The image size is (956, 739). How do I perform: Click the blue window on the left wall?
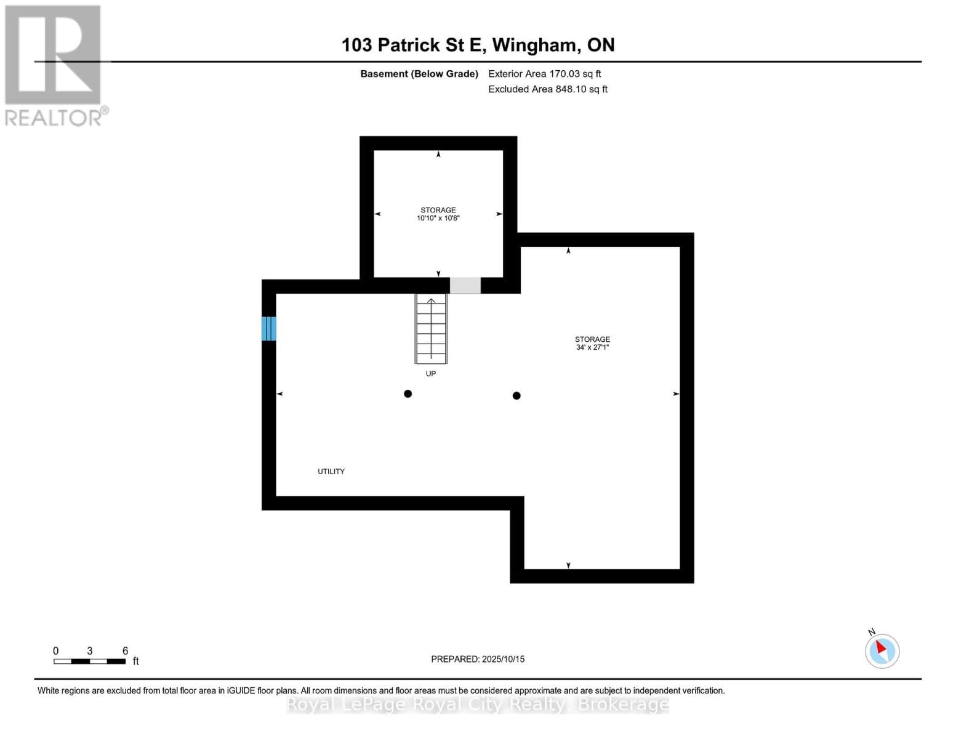pyautogui.click(x=269, y=329)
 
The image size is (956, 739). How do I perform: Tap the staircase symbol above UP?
pyautogui.click(x=431, y=329)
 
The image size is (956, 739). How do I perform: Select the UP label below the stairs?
pyautogui.click(x=431, y=374)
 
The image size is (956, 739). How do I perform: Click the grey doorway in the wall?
pyautogui.click(x=465, y=285)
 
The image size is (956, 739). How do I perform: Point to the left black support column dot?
pyautogui.click(x=408, y=394)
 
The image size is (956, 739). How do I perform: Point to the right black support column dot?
pyautogui.click(x=516, y=395)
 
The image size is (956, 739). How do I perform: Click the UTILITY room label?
pyautogui.click(x=331, y=471)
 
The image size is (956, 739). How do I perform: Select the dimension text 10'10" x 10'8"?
pyautogui.click(x=438, y=218)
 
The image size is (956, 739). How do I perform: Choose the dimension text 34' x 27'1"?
pyautogui.click(x=592, y=347)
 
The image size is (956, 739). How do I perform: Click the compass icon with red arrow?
pyautogui.click(x=882, y=651)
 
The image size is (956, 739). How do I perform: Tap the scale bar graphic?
pyautogui.click(x=90, y=661)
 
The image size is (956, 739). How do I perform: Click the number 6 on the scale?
pyautogui.click(x=125, y=651)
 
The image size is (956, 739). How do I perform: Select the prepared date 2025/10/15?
pyautogui.click(x=503, y=659)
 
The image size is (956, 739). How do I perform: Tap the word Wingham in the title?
pyautogui.click(x=535, y=45)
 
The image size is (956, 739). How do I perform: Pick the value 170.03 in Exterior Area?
pyautogui.click(x=566, y=74)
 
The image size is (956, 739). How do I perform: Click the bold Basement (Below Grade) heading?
pyautogui.click(x=419, y=74)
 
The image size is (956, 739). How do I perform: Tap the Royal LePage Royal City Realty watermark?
pyautogui.click(x=478, y=705)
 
